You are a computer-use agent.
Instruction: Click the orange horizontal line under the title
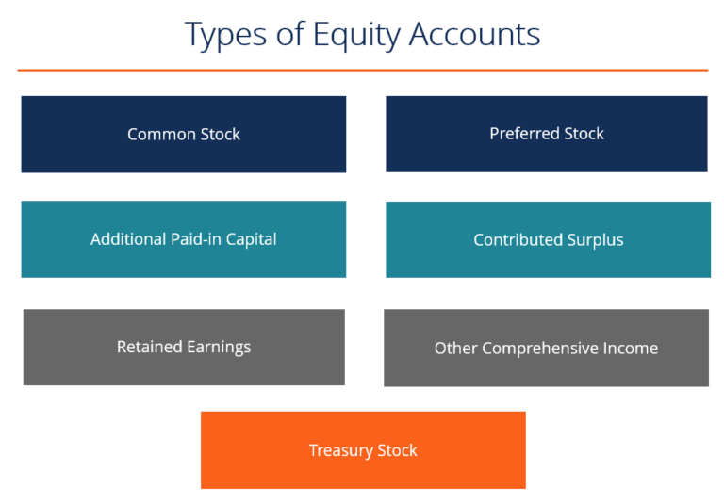[362, 70]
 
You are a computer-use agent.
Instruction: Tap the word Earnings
[218, 348]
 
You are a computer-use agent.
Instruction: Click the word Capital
[250, 239]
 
